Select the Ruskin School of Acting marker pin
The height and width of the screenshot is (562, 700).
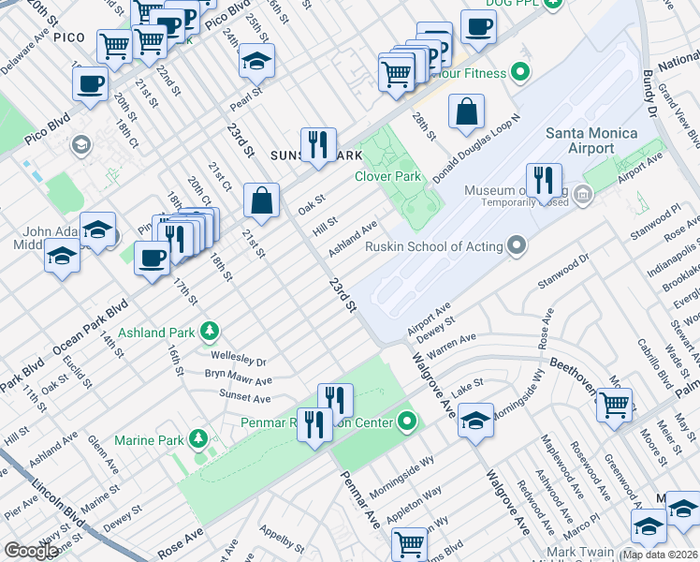517,247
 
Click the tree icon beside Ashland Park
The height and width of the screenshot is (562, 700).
211,332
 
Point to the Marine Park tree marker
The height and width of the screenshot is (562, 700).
197,439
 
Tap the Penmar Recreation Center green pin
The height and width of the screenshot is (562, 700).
407,422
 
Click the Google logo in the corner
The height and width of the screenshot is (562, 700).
31,551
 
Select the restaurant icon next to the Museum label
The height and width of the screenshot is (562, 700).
544,181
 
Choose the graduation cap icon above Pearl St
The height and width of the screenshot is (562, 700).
255,61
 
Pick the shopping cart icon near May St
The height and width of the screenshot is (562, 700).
614,405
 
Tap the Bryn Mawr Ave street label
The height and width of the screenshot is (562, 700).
238,378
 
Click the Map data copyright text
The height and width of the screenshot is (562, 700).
660,555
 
